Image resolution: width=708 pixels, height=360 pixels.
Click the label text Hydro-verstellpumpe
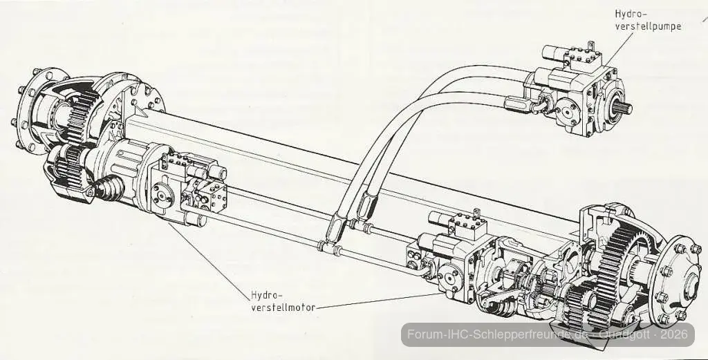tap(648, 20)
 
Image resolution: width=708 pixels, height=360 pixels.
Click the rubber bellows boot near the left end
tap(109, 187)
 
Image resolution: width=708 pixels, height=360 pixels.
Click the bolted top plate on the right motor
tap(468, 225)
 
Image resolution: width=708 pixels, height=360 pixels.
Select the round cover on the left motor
tap(162, 197)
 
